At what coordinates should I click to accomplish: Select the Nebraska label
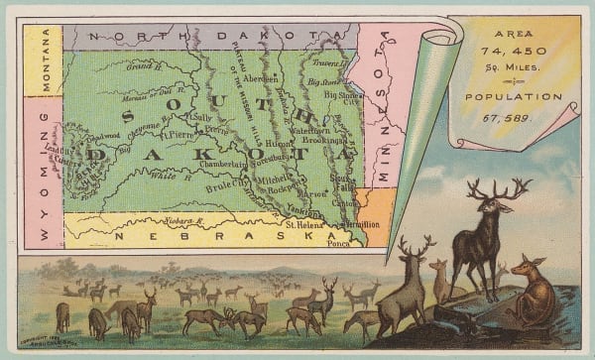pyautogui.click(x=181, y=238)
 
